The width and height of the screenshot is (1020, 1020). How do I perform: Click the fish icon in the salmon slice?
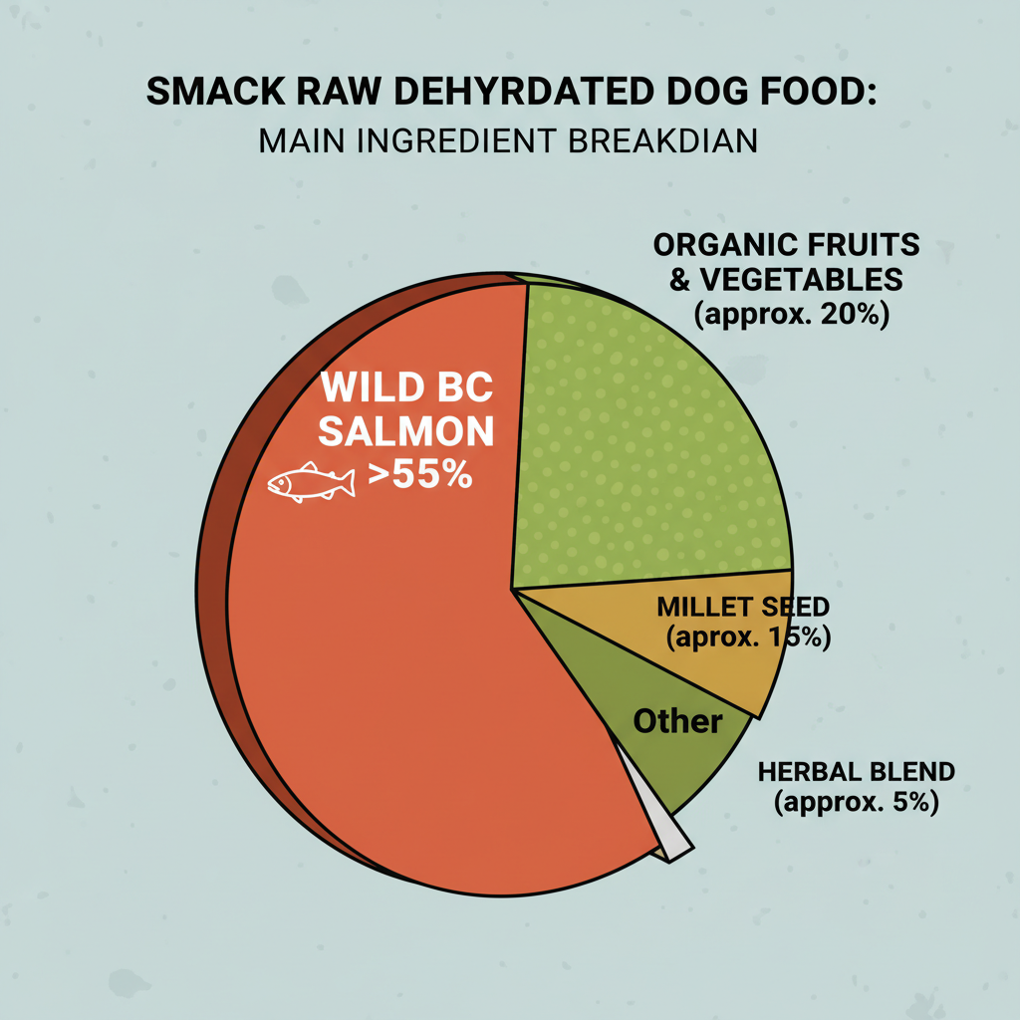[311, 483]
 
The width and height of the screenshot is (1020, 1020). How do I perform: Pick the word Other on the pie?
[677, 720]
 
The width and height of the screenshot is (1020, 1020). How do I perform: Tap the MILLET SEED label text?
[743, 607]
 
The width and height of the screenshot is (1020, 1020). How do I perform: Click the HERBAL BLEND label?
[856, 772]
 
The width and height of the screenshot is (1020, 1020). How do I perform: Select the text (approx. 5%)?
[856, 802]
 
